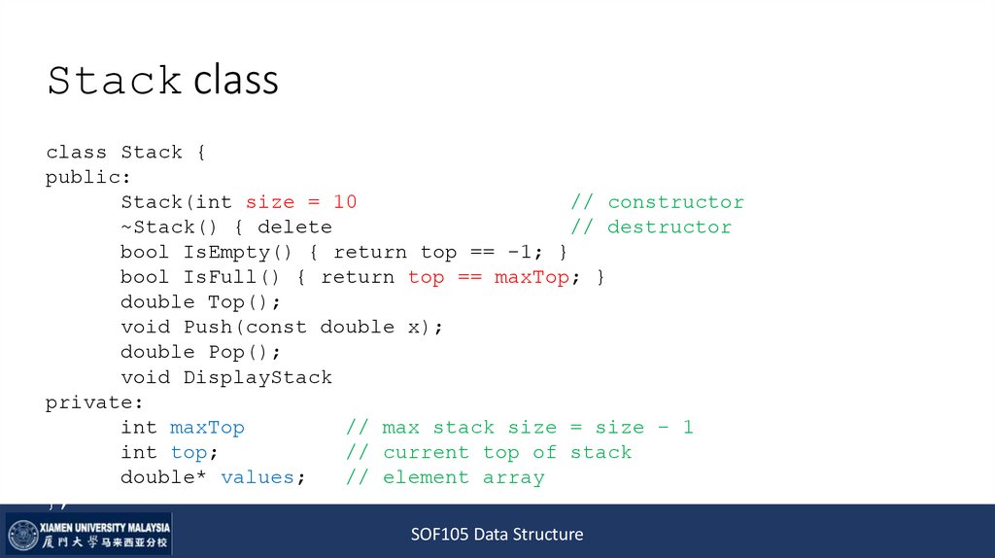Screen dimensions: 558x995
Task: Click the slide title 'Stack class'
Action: [162, 81]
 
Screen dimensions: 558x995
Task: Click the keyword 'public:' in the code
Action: [88, 177]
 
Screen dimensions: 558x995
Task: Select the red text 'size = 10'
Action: [301, 202]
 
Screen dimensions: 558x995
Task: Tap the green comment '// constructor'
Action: [657, 202]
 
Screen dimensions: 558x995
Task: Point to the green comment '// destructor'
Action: [651, 227]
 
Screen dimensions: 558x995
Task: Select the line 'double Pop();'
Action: [201, 352]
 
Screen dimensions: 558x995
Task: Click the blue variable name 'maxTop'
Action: [207, 428]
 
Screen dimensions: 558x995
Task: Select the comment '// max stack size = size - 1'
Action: [520, 428]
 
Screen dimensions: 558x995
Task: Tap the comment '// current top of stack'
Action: [489, 452]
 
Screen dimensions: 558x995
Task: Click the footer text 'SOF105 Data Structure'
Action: [497, 534]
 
